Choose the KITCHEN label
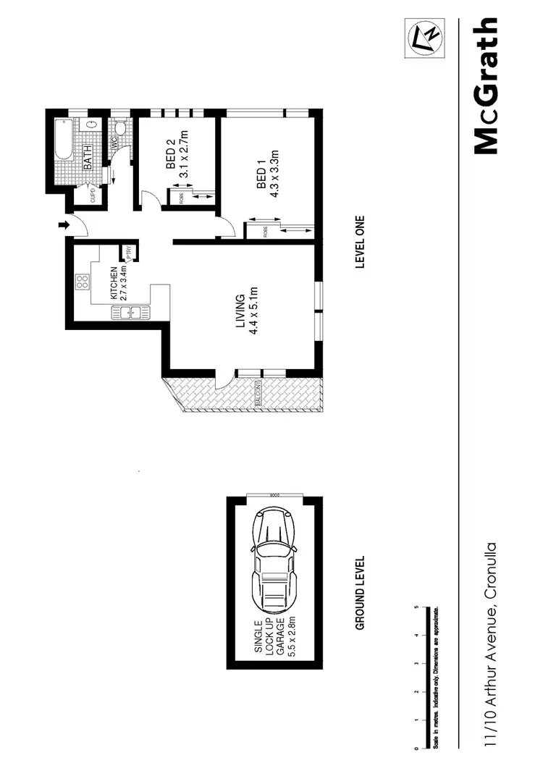[x=114, y=283]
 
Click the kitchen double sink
[x=129, y=313]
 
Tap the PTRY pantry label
[x=129, y=253]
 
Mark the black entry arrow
[x=64, y=226]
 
